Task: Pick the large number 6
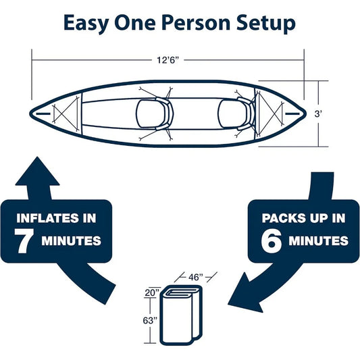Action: click(x=272, y=240)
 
